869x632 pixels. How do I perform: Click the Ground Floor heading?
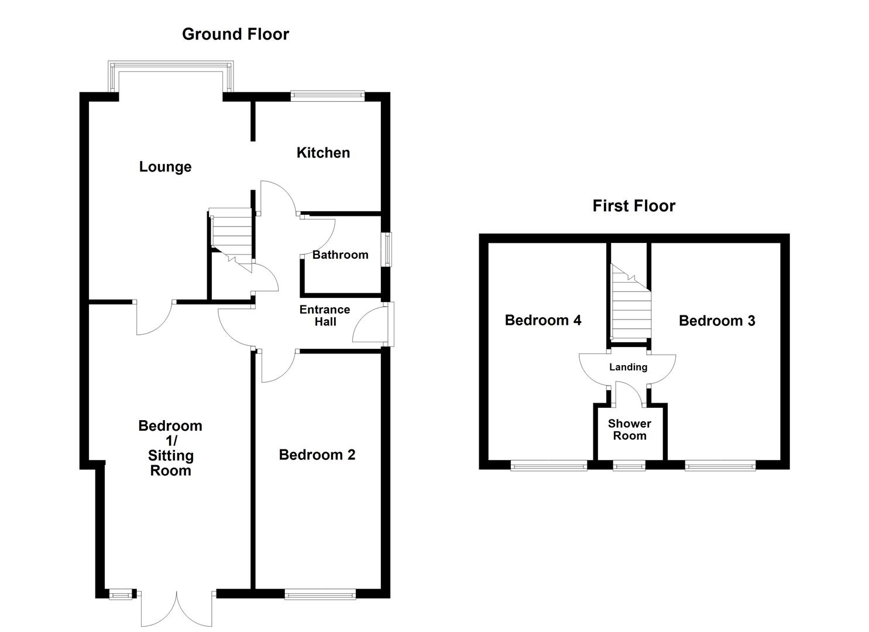(235, 34)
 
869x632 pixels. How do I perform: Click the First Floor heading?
(634, 206)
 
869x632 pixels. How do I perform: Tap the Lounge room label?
(165, 167)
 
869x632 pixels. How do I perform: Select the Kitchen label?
(323, 153)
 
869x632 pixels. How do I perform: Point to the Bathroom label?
(340, 255)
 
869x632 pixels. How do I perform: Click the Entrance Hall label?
(325, 315)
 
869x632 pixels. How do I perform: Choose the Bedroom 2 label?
(317, 455)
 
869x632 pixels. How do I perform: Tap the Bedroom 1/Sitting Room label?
(170, 448)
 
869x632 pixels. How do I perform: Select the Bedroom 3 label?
(717, 321)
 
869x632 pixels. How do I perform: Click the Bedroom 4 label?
(543, 320)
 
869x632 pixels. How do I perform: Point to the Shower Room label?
(629, 430)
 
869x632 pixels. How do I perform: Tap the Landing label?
(628, 367)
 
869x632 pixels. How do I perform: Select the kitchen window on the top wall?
(328, 95)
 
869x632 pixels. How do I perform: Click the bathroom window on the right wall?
(387, 250)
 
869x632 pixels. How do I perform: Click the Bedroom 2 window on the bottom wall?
(320, 595)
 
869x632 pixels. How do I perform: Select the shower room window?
(629, 466)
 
